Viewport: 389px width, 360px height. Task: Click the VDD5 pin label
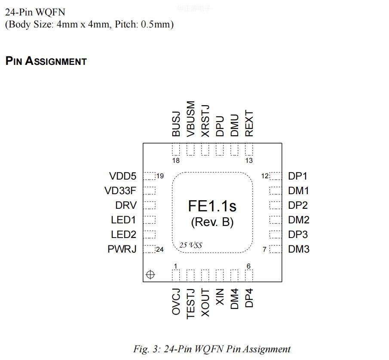pos(123,176)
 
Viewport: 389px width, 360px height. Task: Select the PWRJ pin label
pos(122,249)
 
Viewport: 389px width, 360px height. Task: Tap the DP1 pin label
pos(297,176)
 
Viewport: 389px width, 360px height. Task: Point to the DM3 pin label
pos(298,249)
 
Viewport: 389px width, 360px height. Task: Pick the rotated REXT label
pos(249,124)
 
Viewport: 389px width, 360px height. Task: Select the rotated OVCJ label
pos(176,302)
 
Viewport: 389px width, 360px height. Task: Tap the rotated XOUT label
pos(205,303)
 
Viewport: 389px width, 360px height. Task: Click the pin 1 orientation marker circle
pos(150,275)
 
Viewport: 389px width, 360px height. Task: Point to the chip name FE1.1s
pos(212,206)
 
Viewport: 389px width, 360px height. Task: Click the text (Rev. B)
pos(212,222)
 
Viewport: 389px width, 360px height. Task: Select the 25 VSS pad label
pos(191,245)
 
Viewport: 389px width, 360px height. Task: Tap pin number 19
pos(160,176)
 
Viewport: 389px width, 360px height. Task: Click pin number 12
pos(265,176)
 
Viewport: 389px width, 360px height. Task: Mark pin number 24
pos(160,250)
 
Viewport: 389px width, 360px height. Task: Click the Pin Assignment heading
pos(46,61)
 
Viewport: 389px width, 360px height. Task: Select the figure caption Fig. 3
pos(211,349)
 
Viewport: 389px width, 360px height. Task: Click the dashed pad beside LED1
pos(149,220)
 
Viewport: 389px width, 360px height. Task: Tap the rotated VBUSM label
pos(191,119)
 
